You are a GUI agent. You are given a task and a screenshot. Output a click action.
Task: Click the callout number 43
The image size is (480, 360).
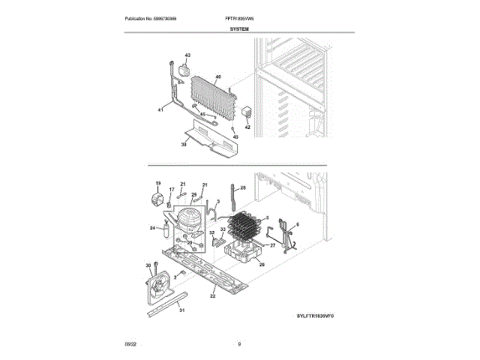coord(187,56)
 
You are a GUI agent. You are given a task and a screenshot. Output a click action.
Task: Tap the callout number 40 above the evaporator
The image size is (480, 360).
coord(218,76)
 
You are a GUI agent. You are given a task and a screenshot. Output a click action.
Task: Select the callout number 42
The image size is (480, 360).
coord(247,127)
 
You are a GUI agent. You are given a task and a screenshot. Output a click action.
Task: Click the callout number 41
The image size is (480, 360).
coord(160,110)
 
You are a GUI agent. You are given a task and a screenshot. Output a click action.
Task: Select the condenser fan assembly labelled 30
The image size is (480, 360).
coord(159,286)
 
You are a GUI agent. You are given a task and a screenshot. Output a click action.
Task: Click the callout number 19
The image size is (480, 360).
coord(158,184)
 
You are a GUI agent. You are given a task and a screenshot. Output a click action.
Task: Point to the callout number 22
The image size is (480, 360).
coord(213,297)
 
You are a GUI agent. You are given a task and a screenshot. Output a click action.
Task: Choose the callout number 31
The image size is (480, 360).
coord(181,311)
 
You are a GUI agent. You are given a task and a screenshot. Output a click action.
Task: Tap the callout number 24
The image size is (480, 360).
coord(152,227)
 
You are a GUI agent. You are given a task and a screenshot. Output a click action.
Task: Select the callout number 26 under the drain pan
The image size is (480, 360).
coord(262,264)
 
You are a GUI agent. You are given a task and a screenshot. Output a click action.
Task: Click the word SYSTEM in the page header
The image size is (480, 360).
coord(239,28)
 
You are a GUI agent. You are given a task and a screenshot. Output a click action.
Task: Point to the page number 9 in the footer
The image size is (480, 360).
coord(239,343)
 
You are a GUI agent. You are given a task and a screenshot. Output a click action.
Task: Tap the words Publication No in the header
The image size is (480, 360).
coord(140,18)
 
